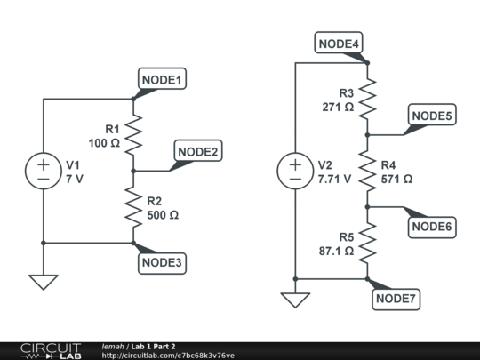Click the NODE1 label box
pyautogui.click(x=161, y=80)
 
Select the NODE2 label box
pyautogui.click(x=198, y=152)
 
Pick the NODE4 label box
pyautogui.click(x=339, y=44)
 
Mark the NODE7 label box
pyautogui.click(x=396, y=300)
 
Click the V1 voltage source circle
pyautogui.click(x=43, y=170)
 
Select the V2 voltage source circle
pyautogui.click(x=294, y=171)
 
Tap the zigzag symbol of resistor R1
pyautogui.click(x=133, y=134)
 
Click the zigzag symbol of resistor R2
pyautogui.click(x=133, y=206)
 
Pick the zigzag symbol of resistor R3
pyautogui.click(x=368, y=99)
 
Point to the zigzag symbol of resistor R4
pyautogui.click(x=368, y=171)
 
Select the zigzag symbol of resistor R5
pyautogui.click(x=368, y=243)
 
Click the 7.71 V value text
pyautogui.click(x=335, y=179)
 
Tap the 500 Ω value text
pyautogui.click(x=163, y=214)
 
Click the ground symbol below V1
pyautogui.click(x=43, y=281)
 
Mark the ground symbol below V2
pyautogui.click(x=294, y=300)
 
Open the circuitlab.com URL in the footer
pyautogui.click(x=168, y=356)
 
